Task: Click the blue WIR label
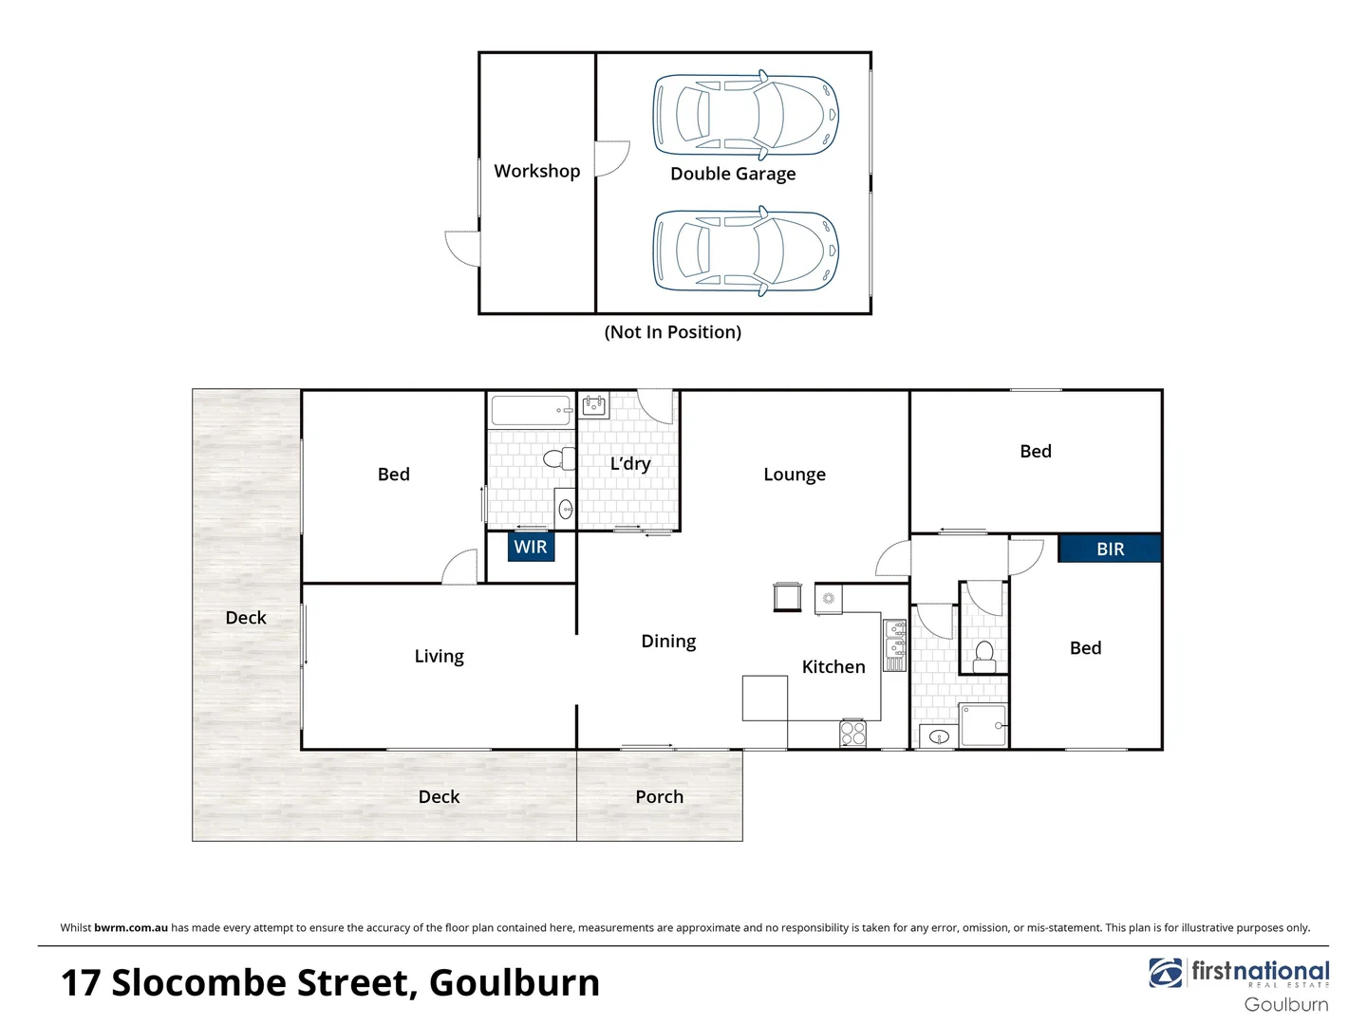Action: click(x=530, y=547)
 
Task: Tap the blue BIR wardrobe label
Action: click(x=1110, y=549)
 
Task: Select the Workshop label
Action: click(x=536, y=171)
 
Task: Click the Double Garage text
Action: click(x=733, y=174)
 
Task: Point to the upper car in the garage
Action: click(x=746, y=114)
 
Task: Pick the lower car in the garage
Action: click(x=746, y=251)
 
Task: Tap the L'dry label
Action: click(x=630, y=464)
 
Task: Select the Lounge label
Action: click(x=795, y=475)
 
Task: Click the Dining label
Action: click(x=668, y=642)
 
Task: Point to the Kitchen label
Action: click(x=833, y=667)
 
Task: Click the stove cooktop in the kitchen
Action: click(x=853, y=733)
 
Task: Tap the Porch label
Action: click(x=659, y=797)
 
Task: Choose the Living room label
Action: click(x=439, y=657)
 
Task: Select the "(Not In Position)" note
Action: click(x=673, y=332)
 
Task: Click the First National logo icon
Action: click(x=1166, y=973)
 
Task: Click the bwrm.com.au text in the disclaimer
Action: click(x=131, y=928)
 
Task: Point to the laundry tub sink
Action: click(x=595, y=408)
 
